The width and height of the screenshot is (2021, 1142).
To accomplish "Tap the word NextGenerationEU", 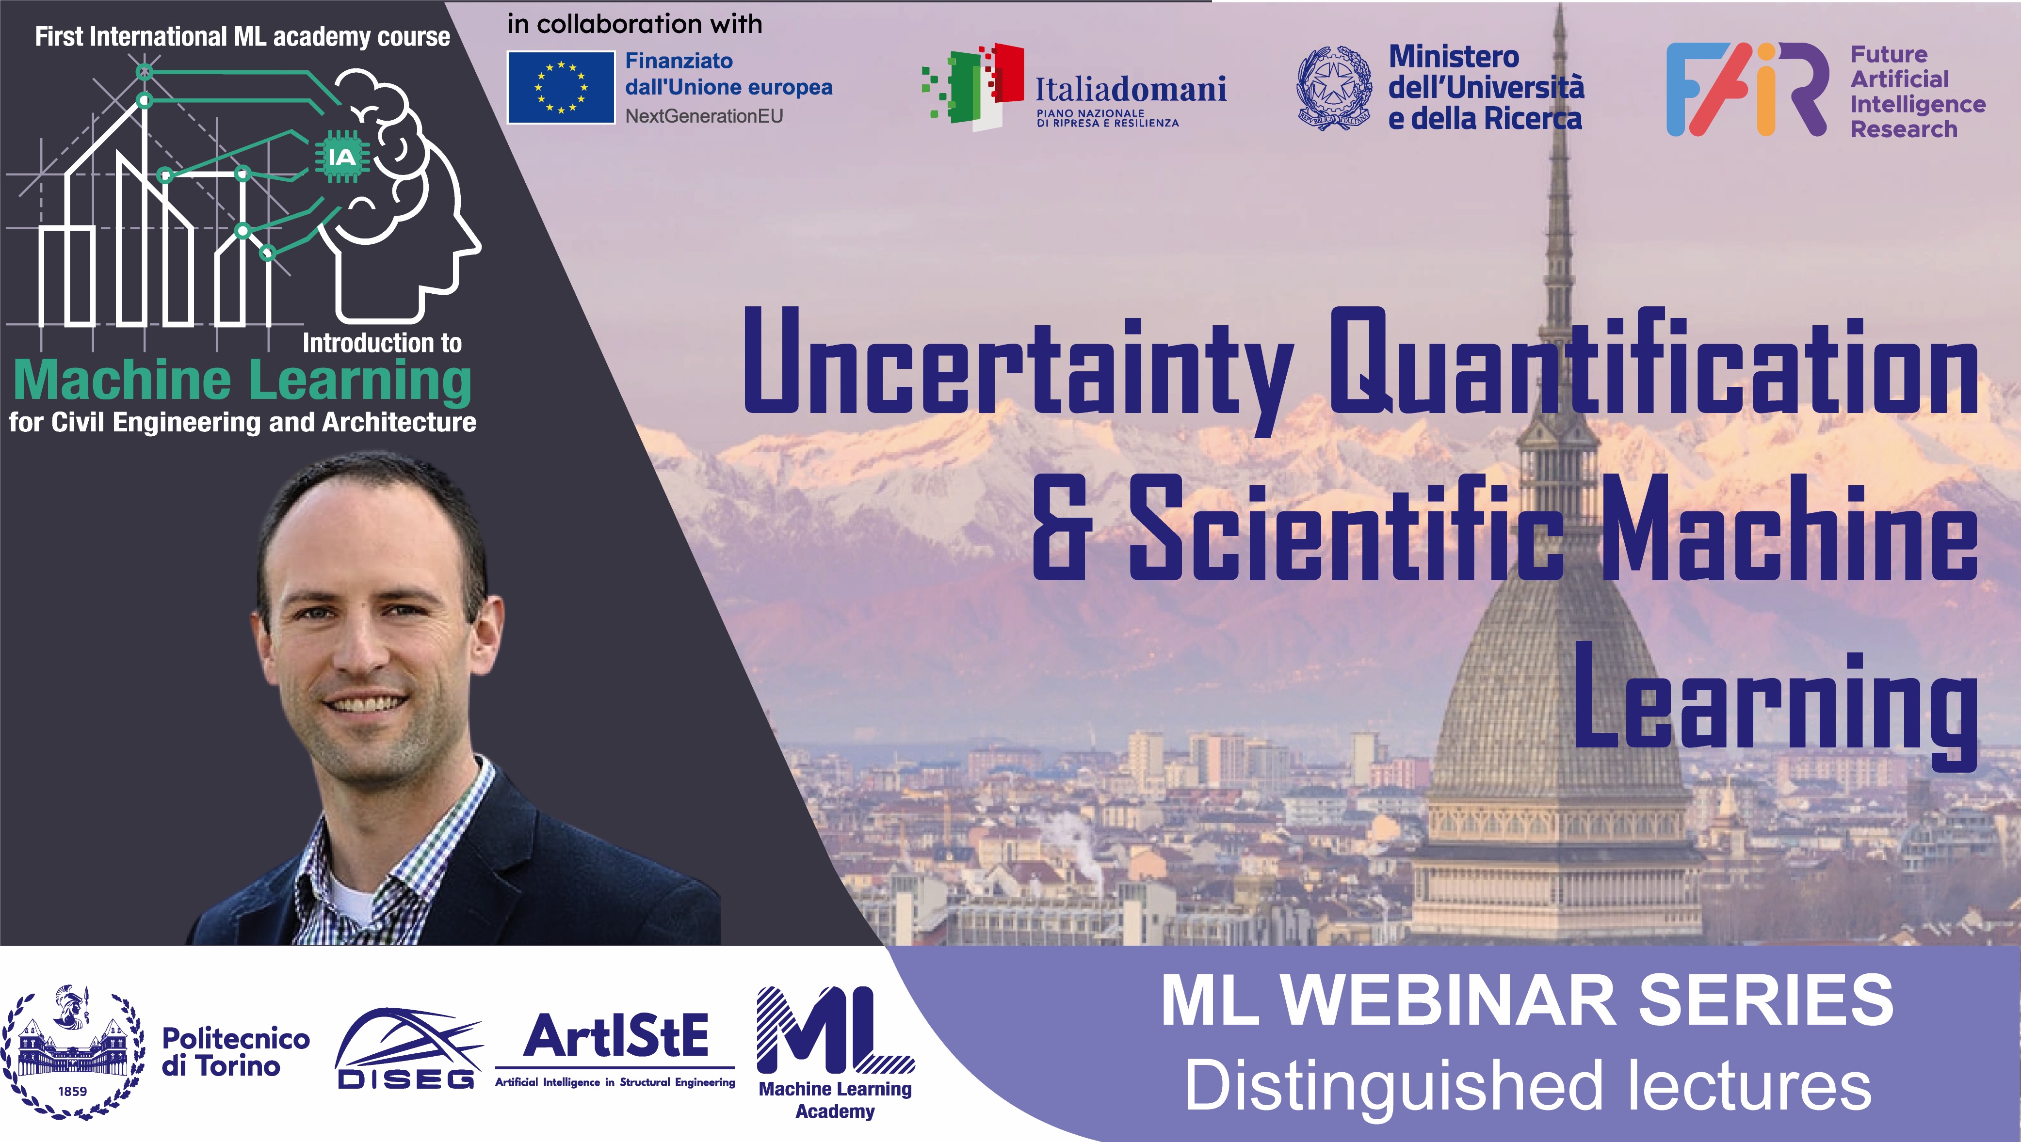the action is pyautogui.click(x=704, y=116).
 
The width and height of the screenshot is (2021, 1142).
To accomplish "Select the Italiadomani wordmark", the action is pyautogui.click(x=1131, y=89).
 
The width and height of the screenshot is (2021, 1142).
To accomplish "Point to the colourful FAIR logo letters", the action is pyautogui.click(x=1747, y=89).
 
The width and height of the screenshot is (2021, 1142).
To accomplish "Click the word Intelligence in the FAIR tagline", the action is pyautogui.click(x=1917, y=104).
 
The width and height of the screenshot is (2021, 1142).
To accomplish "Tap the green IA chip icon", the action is pyautogui.click(x=342, y=158).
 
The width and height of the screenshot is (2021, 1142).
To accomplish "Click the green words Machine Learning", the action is pyautogui.click(x=243, y=381).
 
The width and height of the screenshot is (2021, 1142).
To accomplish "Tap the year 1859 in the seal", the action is pyautogui.click(x=73, y=1091).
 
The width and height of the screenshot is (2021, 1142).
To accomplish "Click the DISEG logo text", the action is pyautogui.click(x=405, y=1080).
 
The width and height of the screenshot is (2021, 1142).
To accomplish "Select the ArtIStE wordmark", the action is pyautogui.click(x=616, y=1036).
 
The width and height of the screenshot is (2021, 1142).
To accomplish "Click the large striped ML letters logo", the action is pyautogui.click(x=834, y=1030).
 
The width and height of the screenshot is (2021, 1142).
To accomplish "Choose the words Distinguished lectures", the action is pyautogui.click(x=1528, y=1085).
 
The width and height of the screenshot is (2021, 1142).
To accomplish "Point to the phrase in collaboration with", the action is pyautogui.click(x=635, y=24).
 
